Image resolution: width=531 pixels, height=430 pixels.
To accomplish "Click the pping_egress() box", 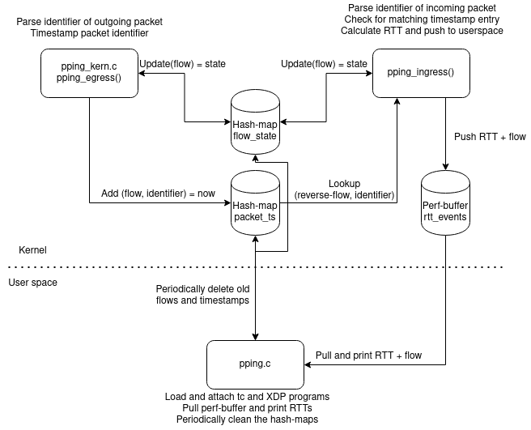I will tap(89, 74).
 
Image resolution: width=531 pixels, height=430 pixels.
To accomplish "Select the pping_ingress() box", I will tap(422, 74).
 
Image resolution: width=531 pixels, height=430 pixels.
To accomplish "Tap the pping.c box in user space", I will tap(256, 364).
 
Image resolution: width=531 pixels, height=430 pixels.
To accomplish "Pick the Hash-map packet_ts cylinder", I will tap(256, 202).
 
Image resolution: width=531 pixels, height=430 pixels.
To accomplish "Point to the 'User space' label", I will tap(32, 283).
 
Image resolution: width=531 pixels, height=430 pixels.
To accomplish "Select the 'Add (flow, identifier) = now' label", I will tap(158, 194).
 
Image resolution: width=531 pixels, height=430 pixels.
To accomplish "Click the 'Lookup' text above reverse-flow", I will tap(344, 184).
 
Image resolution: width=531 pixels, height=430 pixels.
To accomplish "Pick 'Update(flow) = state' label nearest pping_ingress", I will tap(323, 64).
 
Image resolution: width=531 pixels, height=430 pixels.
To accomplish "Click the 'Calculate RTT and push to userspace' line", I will tap(422, 31).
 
